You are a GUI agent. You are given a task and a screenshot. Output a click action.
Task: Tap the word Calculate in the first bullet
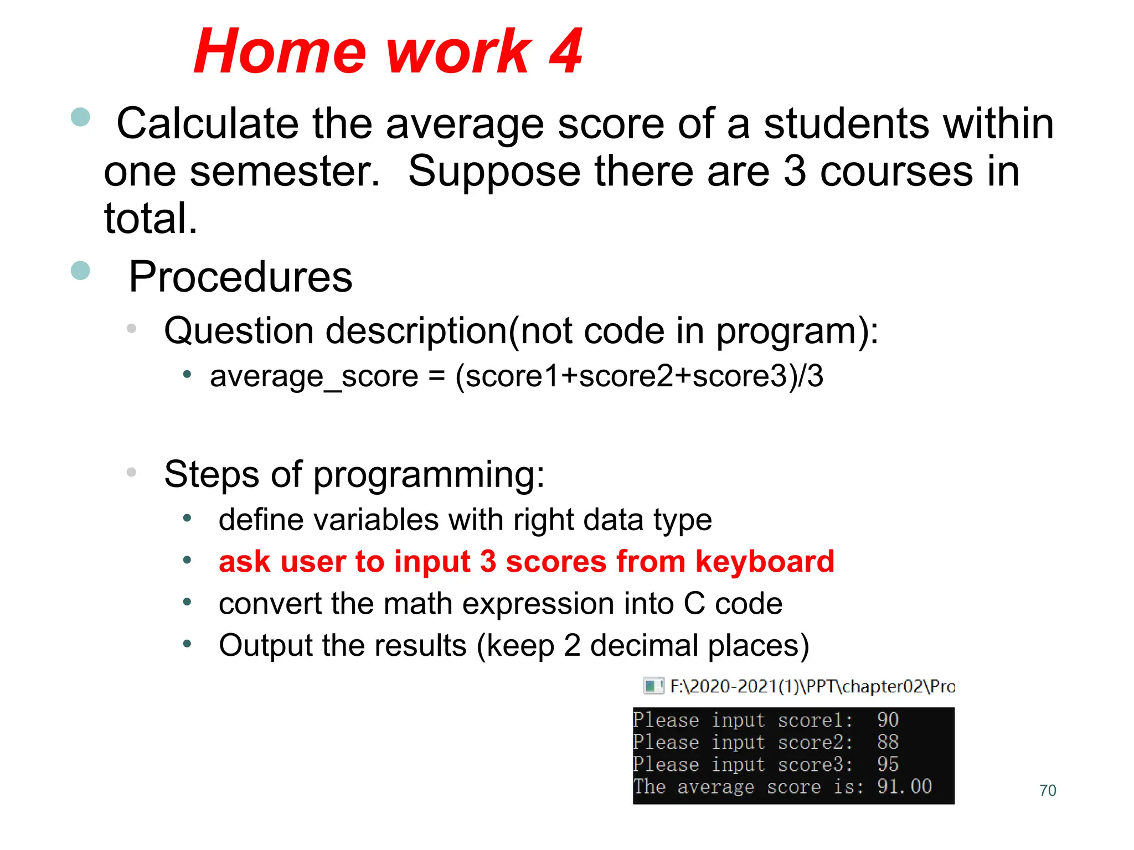click(x=207, y=123)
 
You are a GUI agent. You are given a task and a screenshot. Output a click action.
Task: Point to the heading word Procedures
click(x=240, y=277)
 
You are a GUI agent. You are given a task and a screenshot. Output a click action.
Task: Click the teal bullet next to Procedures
click(x=81, y=271)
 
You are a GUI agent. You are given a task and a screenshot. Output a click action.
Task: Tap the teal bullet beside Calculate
click(x=81, y=117)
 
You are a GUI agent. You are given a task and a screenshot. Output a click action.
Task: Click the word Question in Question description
click(x=239, y=331)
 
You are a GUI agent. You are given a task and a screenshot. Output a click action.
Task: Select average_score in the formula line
click(x=314, y=377)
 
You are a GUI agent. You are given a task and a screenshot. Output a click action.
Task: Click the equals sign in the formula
click(x=436, y=376)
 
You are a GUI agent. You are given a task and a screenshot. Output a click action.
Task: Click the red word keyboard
click(x=765, y=562)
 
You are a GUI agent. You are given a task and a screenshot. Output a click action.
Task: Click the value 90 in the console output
click(x=888, y=719)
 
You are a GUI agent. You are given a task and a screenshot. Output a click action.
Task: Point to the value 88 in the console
click(x=888, y=742)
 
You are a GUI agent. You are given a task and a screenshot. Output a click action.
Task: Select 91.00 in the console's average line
click(x=904, y=786)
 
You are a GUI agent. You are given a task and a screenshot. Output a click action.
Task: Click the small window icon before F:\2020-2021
click(x=653, y=686)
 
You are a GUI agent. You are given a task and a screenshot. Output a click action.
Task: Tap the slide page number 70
click(x=1048, y=790)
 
